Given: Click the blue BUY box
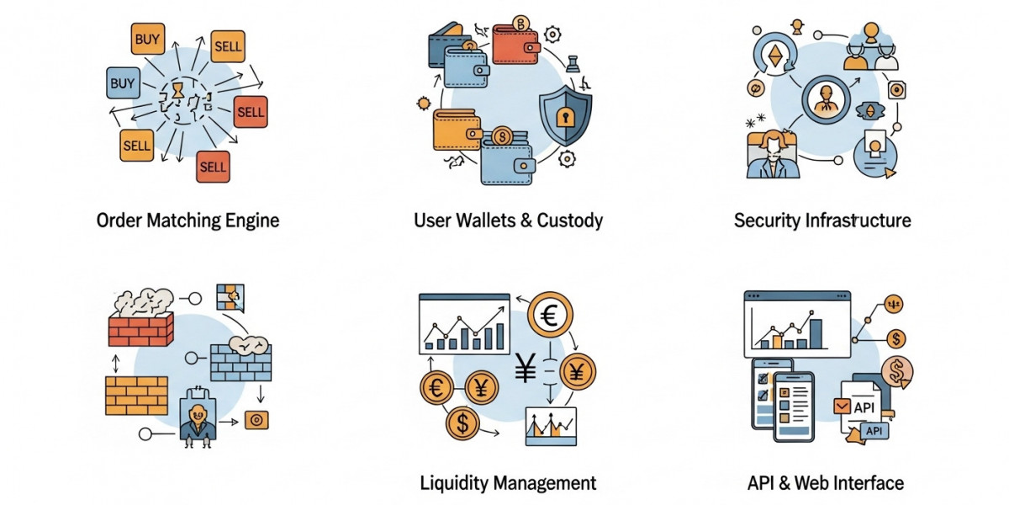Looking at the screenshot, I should [x=123, y=83].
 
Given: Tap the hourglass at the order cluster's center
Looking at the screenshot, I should [x=177, y=89].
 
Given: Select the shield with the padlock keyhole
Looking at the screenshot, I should [x=564, y=115].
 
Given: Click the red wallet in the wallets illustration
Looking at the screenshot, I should [x=515, y=44].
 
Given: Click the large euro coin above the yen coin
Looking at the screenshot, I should [x=551, y=316].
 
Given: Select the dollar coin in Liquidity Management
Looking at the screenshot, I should [x=462, y=425].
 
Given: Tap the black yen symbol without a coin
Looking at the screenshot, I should [x=526, y=368].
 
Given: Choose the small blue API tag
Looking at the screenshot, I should [x=874, y=431].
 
